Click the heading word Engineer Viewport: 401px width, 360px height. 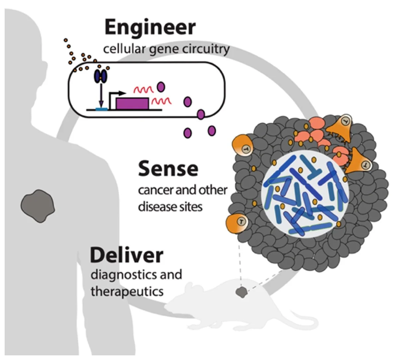pos(150,28)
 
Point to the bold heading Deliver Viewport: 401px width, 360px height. pos(126,255)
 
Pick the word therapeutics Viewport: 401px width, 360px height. pos(127,291)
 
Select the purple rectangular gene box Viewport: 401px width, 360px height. pos(132,103)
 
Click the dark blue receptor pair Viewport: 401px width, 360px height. pos(100,76)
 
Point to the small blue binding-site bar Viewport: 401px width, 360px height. pos(101,108)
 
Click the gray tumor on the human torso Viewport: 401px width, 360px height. pos(37,206)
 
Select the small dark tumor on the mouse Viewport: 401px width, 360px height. pos(241,292)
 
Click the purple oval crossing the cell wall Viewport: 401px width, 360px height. pos(200,115)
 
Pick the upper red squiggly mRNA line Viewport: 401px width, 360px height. pos(143,89)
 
